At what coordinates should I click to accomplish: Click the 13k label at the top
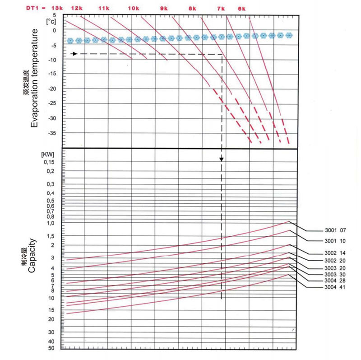58,9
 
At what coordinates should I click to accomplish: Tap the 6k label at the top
242,9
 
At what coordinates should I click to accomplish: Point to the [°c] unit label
50,22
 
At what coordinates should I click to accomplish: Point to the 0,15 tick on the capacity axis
48,162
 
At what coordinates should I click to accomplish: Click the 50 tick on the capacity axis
51,348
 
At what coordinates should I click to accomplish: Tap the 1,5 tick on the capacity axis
50,236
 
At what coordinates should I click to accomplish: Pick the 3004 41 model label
334,288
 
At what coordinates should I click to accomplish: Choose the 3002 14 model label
334,253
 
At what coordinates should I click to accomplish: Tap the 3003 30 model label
334,274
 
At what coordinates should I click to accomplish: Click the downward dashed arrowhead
221,159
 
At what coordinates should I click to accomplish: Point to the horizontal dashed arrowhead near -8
75,54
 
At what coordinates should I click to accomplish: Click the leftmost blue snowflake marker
70,41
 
